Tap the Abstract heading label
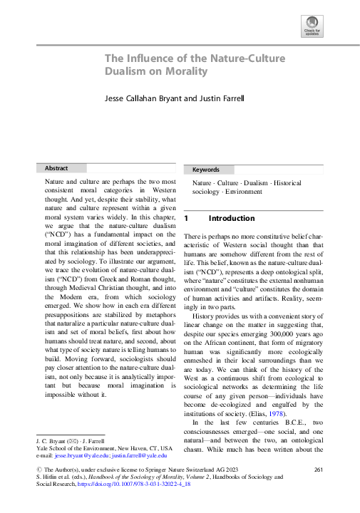[x=56, y=168]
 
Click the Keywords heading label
[x=206, y=170]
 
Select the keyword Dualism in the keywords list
[x=254, y=183]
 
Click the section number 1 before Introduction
[x=186, y=218]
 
